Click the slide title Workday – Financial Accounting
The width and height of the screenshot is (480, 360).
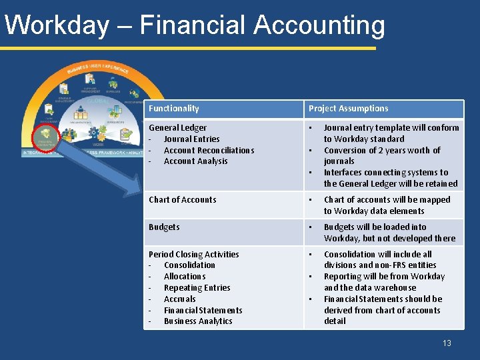coord(194,25)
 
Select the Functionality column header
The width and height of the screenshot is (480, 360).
coord(173,109)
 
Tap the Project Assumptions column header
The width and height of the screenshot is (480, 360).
coord(348,109)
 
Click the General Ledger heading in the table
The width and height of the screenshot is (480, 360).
coord(177,127)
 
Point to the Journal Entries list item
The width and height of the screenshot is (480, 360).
coord(191,139)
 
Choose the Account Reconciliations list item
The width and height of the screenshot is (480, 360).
coord(209,150)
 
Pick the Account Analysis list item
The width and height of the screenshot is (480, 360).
coord(195,161)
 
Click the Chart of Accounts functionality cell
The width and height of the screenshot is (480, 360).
coord(182,199)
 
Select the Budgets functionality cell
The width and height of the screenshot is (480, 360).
coord(164,227)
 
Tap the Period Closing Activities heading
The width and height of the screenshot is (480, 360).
coord(193,254)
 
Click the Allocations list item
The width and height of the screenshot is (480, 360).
coord(185,277)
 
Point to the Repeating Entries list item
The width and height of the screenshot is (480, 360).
coord(197,288)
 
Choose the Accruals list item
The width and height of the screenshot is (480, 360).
coord(180,299)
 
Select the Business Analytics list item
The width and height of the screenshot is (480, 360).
coord(198,321)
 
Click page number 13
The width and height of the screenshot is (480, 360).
coord(447,343)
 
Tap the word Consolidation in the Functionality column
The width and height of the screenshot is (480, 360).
coord(189,265)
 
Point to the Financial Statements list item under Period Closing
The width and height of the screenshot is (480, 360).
coord(203,310)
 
